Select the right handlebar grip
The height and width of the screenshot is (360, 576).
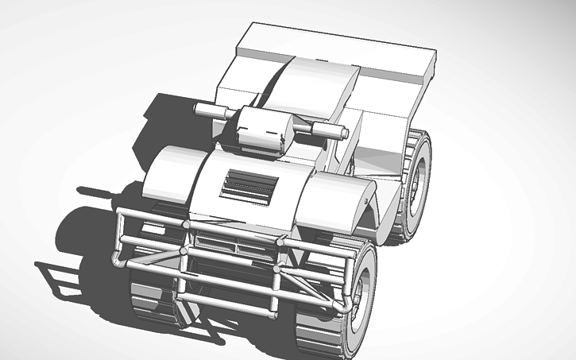[x=328, y=130]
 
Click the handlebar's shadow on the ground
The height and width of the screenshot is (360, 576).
[x=99, y=191]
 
